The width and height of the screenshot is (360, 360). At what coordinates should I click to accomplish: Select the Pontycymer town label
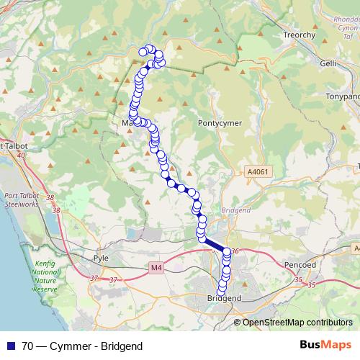click(x=220, y=123)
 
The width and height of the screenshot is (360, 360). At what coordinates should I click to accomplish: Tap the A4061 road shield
click(x=256, y=172)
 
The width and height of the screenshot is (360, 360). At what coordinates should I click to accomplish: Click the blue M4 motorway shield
click(x=158, y=267)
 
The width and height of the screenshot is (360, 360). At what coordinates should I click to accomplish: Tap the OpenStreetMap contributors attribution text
click(x=297, y=323)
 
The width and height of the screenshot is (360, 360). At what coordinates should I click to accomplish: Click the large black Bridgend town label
click(x=223, y=297)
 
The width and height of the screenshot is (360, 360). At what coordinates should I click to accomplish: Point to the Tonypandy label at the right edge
click(x=343, y=94)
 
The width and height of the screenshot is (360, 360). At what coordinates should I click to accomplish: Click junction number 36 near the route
click(x=235, y=251)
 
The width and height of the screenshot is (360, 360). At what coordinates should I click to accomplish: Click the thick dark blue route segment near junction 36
click(x=215, y=245)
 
